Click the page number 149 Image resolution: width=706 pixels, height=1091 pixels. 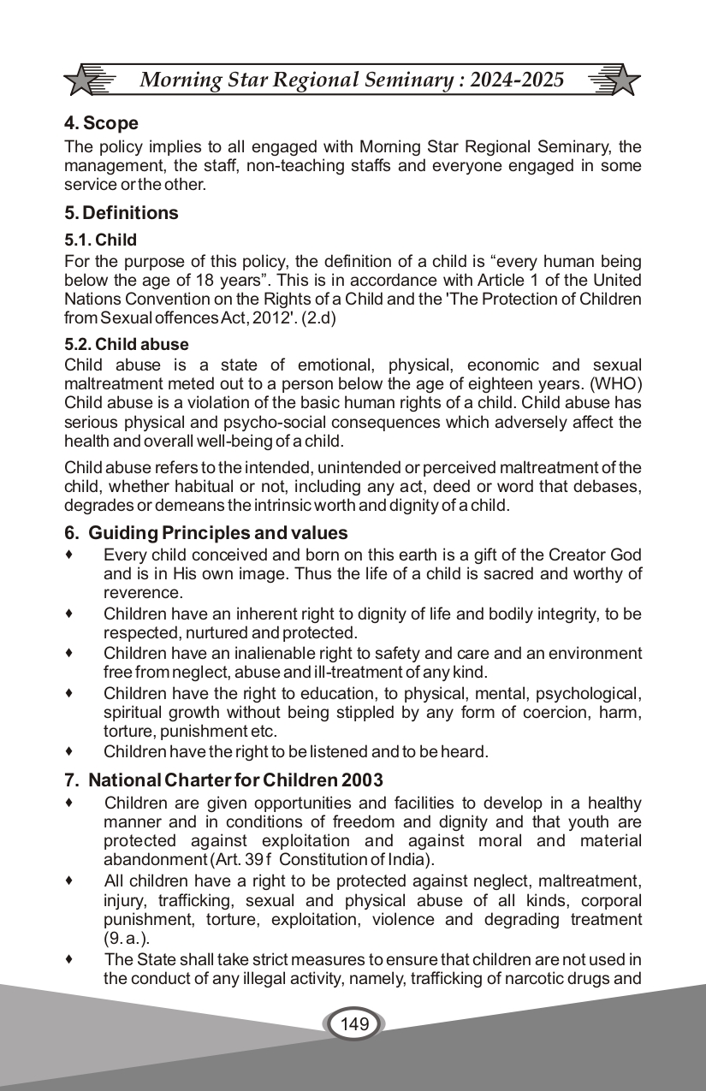[x=353, y=1023]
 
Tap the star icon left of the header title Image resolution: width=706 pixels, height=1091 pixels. [x=88, y=80]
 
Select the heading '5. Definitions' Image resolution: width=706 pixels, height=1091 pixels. [x=122, y=213]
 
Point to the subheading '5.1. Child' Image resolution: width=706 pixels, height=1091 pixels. [x=100, y=240]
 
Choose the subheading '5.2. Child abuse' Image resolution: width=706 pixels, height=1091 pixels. [x=127, y=345]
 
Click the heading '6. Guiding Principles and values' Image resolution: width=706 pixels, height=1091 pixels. [x=206, y=533]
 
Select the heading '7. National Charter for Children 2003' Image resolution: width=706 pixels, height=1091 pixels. [x=223, y=780]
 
